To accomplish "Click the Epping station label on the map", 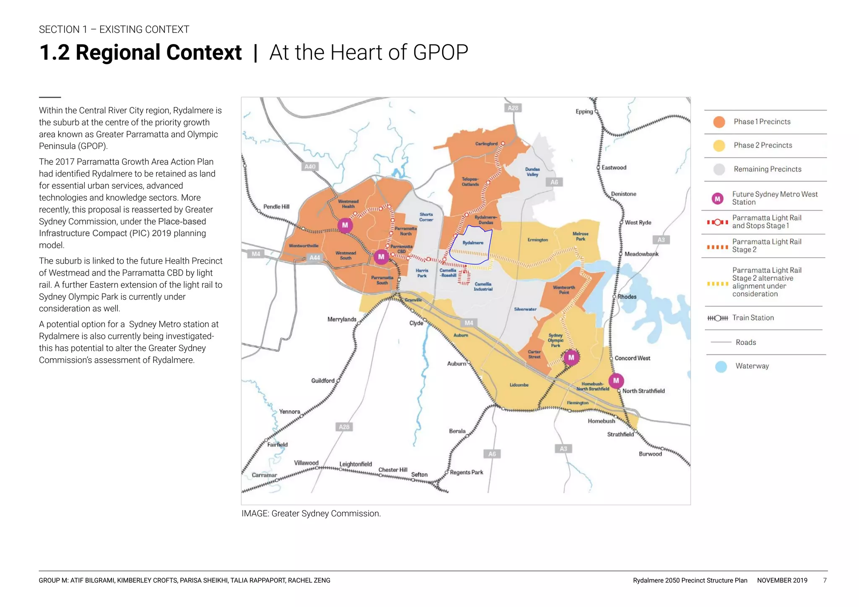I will coord(584,112).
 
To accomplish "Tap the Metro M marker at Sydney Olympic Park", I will coord(571,357).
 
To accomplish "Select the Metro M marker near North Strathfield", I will coord(616,380).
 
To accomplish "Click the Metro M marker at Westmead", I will coord(345,225).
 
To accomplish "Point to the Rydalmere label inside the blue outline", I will coord(473,243).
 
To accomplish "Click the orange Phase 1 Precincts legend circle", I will coord(719,122).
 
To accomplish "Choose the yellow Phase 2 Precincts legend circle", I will coord(719,146).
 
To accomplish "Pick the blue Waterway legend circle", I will coord(721,367).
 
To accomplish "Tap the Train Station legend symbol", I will coord(718,318).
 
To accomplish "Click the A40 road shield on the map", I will coord(310,167).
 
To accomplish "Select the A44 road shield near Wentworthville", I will coord(315,258).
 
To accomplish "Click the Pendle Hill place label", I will coord(276,206).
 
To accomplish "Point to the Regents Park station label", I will coord(466,472).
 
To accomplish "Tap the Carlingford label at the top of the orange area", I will coord(486,144).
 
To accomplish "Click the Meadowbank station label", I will coord(641,254).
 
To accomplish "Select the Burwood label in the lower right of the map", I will coord(650,454).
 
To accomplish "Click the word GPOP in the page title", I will coord(440,53).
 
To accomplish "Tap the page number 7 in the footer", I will coord(825,581).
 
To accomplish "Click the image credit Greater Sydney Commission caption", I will coord(311,513).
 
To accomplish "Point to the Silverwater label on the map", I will coord(525,309).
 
